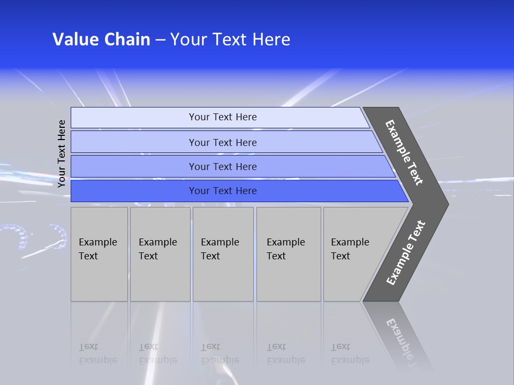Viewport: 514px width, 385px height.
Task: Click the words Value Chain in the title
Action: pos(101,40)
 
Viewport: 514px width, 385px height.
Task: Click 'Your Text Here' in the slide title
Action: pos(230,40)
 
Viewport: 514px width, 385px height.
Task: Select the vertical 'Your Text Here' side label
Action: pos(62,153)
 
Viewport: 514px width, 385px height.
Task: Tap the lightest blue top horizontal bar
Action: pos(134,118)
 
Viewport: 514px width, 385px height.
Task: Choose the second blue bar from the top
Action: pos(134,142)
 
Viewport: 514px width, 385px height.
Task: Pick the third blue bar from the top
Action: pos(134,167)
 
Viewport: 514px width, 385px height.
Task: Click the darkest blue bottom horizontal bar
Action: pos(134,191)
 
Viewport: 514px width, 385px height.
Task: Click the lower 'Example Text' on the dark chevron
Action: pos(405,253)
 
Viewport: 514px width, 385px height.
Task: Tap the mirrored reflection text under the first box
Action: pos(98,353)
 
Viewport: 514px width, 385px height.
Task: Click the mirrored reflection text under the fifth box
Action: pos(350,353)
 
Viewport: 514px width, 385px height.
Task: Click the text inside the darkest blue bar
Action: pos(223,191)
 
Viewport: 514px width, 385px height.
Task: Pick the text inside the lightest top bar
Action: pos(223,117)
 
